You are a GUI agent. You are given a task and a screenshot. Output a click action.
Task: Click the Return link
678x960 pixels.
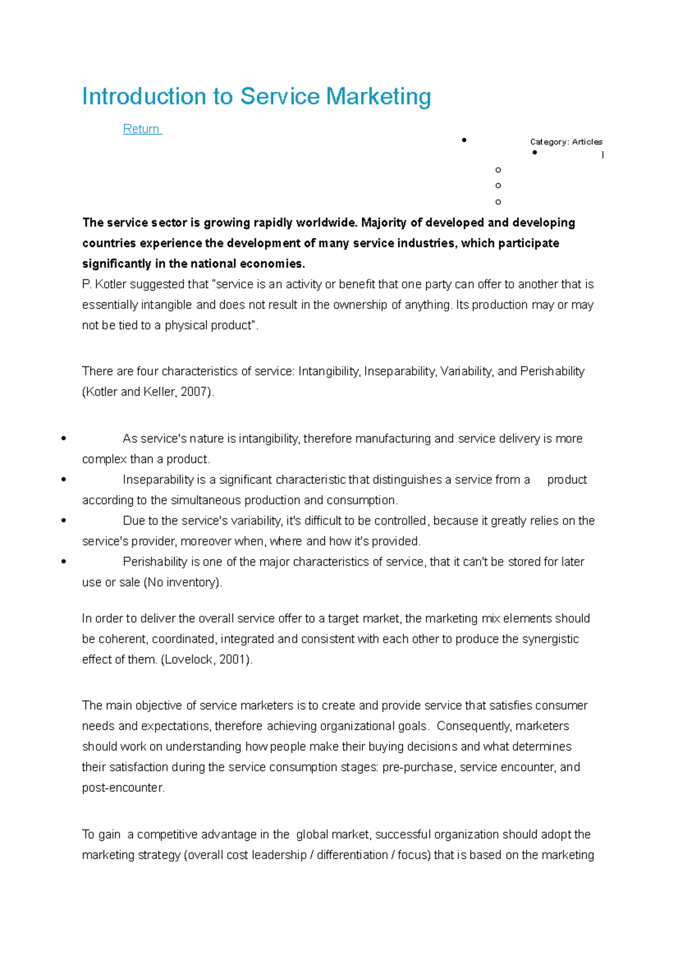click(x=141, y=129)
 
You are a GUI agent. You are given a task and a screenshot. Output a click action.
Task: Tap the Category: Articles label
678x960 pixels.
click(x=566, y=142)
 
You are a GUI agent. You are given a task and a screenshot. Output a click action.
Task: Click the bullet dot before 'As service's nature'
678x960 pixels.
click(x=63, y=438)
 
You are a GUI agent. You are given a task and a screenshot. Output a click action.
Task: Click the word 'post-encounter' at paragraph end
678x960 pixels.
click(x=123, y=788)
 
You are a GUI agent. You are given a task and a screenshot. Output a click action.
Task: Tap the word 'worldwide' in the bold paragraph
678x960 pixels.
click(x=326, y=223)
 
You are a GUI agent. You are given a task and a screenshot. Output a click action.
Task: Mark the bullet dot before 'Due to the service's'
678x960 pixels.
click(x=63, y=520)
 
